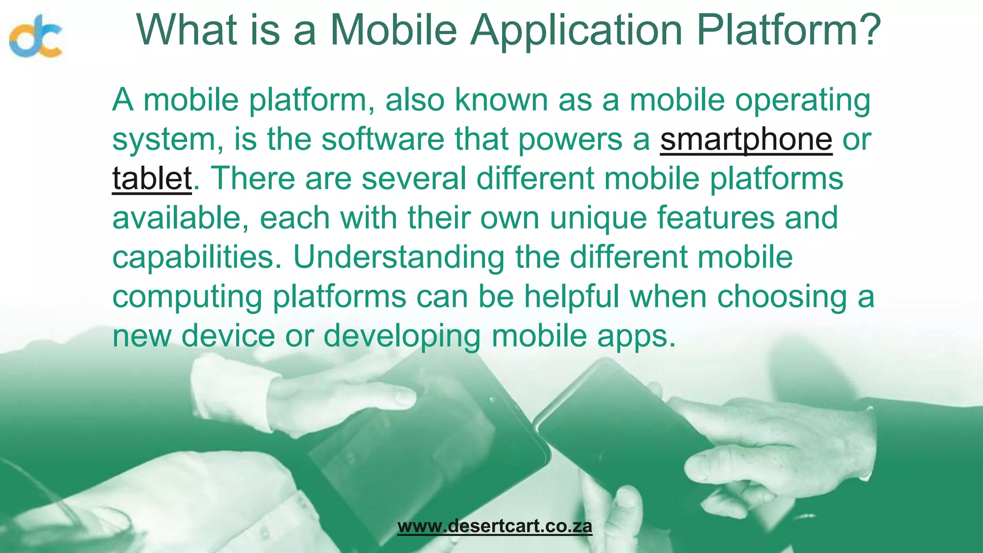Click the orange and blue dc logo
tap(36, 36)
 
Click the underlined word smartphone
tap(746, 139)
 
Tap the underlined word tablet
tap(152, 179)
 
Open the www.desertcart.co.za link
tap(495, 526)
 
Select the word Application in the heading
tap(576, 30)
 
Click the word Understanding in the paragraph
tap(398, 257)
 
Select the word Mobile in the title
tap(393, 30)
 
